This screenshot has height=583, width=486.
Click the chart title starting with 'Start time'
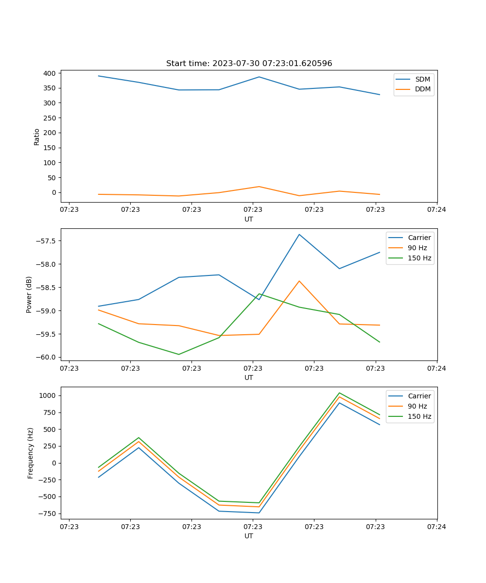(x=249, y=64)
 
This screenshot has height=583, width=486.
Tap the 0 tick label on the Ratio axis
(x=54, y=192)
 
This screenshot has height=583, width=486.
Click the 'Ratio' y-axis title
(x=37, y=137)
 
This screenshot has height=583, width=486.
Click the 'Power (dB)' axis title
(x=29, y=294)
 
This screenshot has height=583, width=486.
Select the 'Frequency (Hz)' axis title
(x=31, y=453)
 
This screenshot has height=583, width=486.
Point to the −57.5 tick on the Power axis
(x=46, y=241)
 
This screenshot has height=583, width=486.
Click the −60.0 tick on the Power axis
(x=46, y=357)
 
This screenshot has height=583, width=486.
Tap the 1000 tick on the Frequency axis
(x=48, y=395)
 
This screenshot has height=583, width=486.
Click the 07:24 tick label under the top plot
(x=436, y=210)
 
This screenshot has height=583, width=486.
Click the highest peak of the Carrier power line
(x=299, y=234)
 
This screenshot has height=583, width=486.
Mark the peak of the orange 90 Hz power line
(x=299, y=281)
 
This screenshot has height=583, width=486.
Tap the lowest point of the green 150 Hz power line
(x=179, y=354)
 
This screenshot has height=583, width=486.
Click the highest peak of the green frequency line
(x=339, y=393)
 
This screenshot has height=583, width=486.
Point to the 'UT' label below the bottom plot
(x=249, y=536)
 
